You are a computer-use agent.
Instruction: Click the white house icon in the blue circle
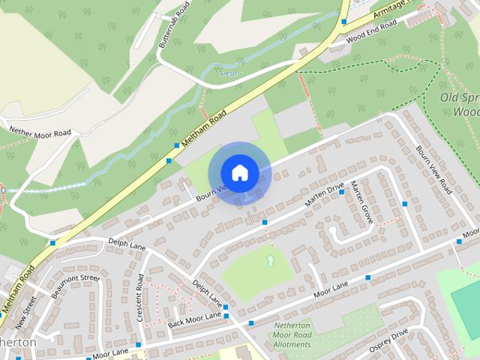click(x=239, y=172)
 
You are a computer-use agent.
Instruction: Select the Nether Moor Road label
click(x=40, y=133)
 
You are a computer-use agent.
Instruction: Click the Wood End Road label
click(x=371, y=30)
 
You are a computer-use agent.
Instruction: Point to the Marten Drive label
click(x=324, y=196)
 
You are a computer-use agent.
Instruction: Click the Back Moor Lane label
click(x=194, y=320)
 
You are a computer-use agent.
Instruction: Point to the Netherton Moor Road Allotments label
click(x=292, y=334)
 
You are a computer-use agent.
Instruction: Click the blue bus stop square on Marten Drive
click(x=341, y=192)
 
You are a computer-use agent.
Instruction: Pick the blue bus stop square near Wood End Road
click(x=343, y=22)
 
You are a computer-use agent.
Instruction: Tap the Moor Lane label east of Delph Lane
click(x=331, y=288)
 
